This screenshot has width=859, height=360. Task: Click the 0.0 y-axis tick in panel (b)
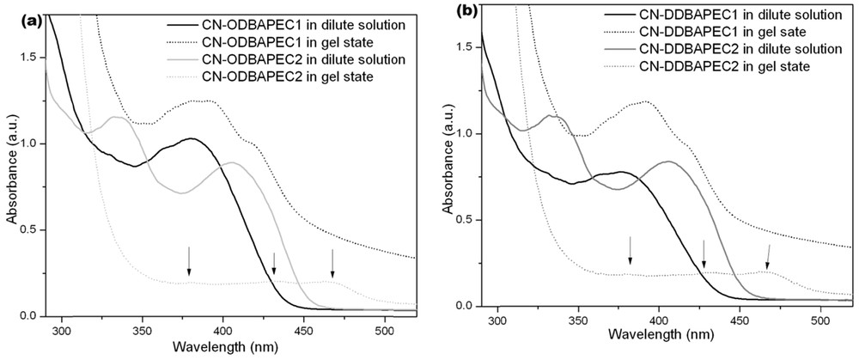466,306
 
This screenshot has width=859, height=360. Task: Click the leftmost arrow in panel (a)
190,260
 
